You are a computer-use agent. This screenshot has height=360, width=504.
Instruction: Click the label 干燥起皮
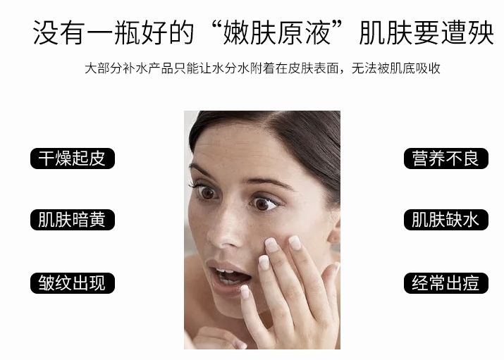(x=72, y=159)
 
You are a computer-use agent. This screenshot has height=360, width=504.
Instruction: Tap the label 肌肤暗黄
(x=72, y=220)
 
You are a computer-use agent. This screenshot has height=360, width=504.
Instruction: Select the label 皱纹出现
(x=72, y=283)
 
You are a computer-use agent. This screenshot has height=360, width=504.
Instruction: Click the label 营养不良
(x=445, y=159)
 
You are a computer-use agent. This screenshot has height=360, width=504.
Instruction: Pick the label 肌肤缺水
(x=445, y=220)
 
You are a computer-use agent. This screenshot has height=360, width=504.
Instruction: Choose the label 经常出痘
(x=445, y=283)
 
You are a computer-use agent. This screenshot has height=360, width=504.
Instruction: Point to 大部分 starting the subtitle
(x=99, y=68)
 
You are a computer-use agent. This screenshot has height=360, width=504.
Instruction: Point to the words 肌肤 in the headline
(x=383, y=32)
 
